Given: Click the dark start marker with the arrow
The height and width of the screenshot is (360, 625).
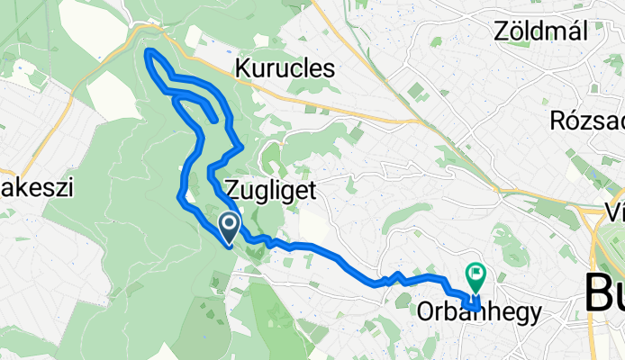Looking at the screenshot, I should click(229, 225).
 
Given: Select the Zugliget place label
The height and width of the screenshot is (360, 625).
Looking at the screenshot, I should click(269, 189).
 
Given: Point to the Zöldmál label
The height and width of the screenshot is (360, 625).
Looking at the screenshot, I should click(540, 31).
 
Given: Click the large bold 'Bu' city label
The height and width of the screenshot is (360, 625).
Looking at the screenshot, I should click(605, 293).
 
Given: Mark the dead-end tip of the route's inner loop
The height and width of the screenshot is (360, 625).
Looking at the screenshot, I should click(213, 119).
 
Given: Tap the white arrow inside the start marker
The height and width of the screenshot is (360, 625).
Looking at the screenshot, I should click(229, 222).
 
